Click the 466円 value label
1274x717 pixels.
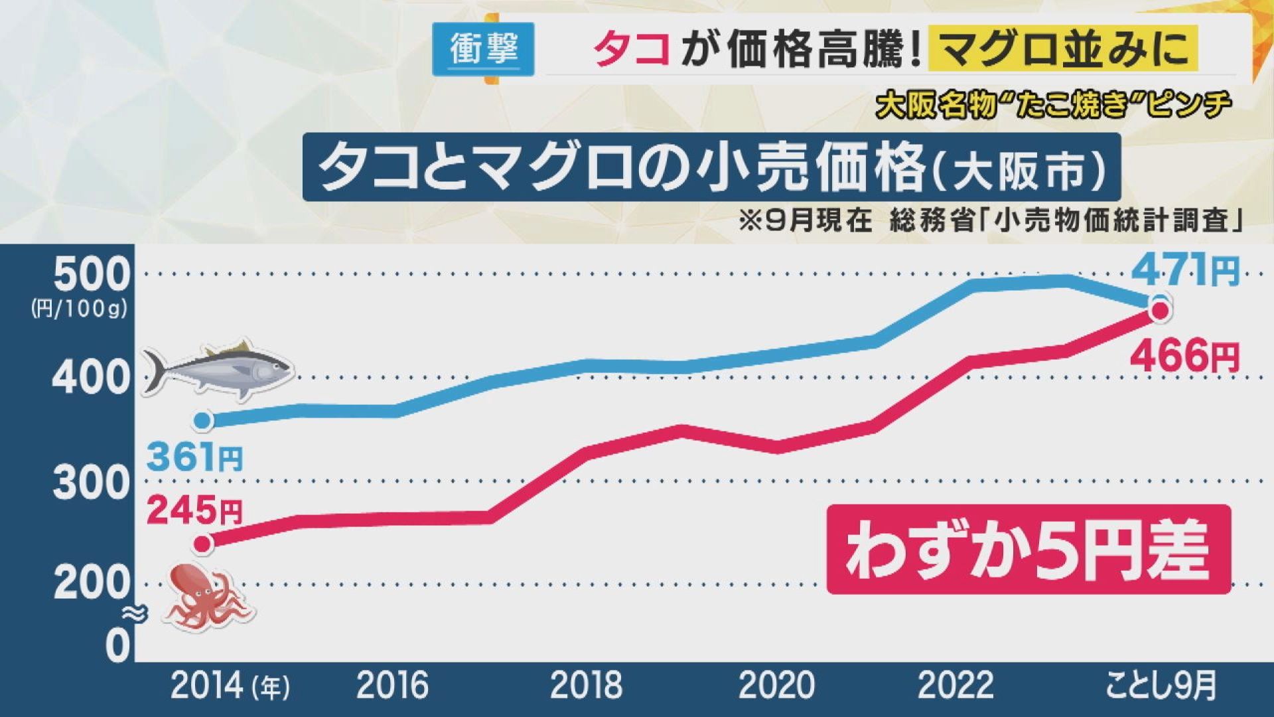tap(1184, 357)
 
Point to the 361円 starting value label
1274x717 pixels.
tap(194, 457)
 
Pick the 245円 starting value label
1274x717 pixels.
tap(194, 511)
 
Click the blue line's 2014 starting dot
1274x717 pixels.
tap(203, 420)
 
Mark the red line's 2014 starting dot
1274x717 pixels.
tap(203, 544)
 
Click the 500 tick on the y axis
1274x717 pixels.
tap(91, 274)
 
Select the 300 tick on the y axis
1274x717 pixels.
tap(90, 483)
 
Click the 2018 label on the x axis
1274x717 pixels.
tap(586, 686)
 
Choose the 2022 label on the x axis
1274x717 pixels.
tap(955, 686)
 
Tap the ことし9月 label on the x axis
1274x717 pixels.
tap(1161, 686)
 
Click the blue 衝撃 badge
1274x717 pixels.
tap(483, 49)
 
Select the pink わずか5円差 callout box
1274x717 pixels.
tap(1028, 549)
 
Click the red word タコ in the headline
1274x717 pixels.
tap(631, 50)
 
